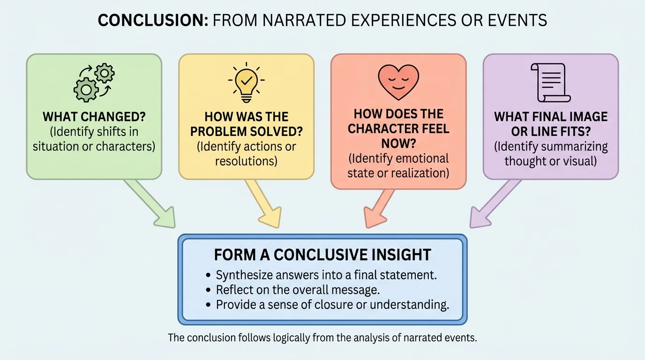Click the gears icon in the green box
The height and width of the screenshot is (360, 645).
(94, 83)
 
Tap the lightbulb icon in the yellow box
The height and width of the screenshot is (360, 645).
(246, 83)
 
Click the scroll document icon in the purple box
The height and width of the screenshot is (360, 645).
(550, 83)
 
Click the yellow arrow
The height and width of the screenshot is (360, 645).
(262, 205)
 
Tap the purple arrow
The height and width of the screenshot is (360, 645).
(495, 205)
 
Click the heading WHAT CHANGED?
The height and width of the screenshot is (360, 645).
(94, 117)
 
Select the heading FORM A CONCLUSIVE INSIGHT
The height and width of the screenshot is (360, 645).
(322, 255)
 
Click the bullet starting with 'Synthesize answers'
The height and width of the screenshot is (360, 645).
(326, 275)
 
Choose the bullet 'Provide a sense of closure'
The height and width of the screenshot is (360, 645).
(332, 305)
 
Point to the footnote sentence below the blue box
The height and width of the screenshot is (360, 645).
(322, 337)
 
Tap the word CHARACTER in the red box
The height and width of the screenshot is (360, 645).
(398, 128)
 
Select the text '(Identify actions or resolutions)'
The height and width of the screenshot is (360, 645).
(246, 154)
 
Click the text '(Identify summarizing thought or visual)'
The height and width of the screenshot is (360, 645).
(550, 154)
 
